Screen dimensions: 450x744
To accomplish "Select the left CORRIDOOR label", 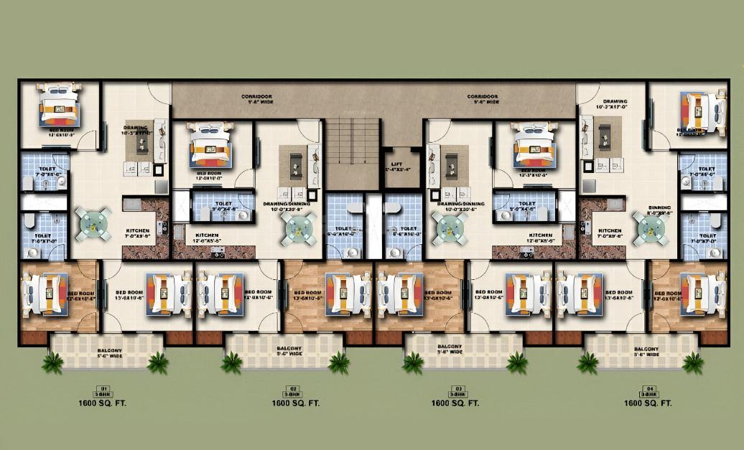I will tap(256, 96).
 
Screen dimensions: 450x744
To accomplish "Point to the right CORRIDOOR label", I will tap(483, 96).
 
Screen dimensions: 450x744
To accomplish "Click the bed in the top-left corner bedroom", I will tap(57, 105).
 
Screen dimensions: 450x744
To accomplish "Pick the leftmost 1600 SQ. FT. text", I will tap(103, 403).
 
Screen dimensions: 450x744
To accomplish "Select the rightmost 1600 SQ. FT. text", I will tap(648, 403).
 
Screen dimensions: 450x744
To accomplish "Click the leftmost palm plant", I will tap(52, 363).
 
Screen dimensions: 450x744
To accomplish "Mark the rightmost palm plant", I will tap(693, 363).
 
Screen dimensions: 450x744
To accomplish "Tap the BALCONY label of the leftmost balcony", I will tap(110, 350).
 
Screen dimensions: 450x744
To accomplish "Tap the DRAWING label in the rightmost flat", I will tap(615, 102).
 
